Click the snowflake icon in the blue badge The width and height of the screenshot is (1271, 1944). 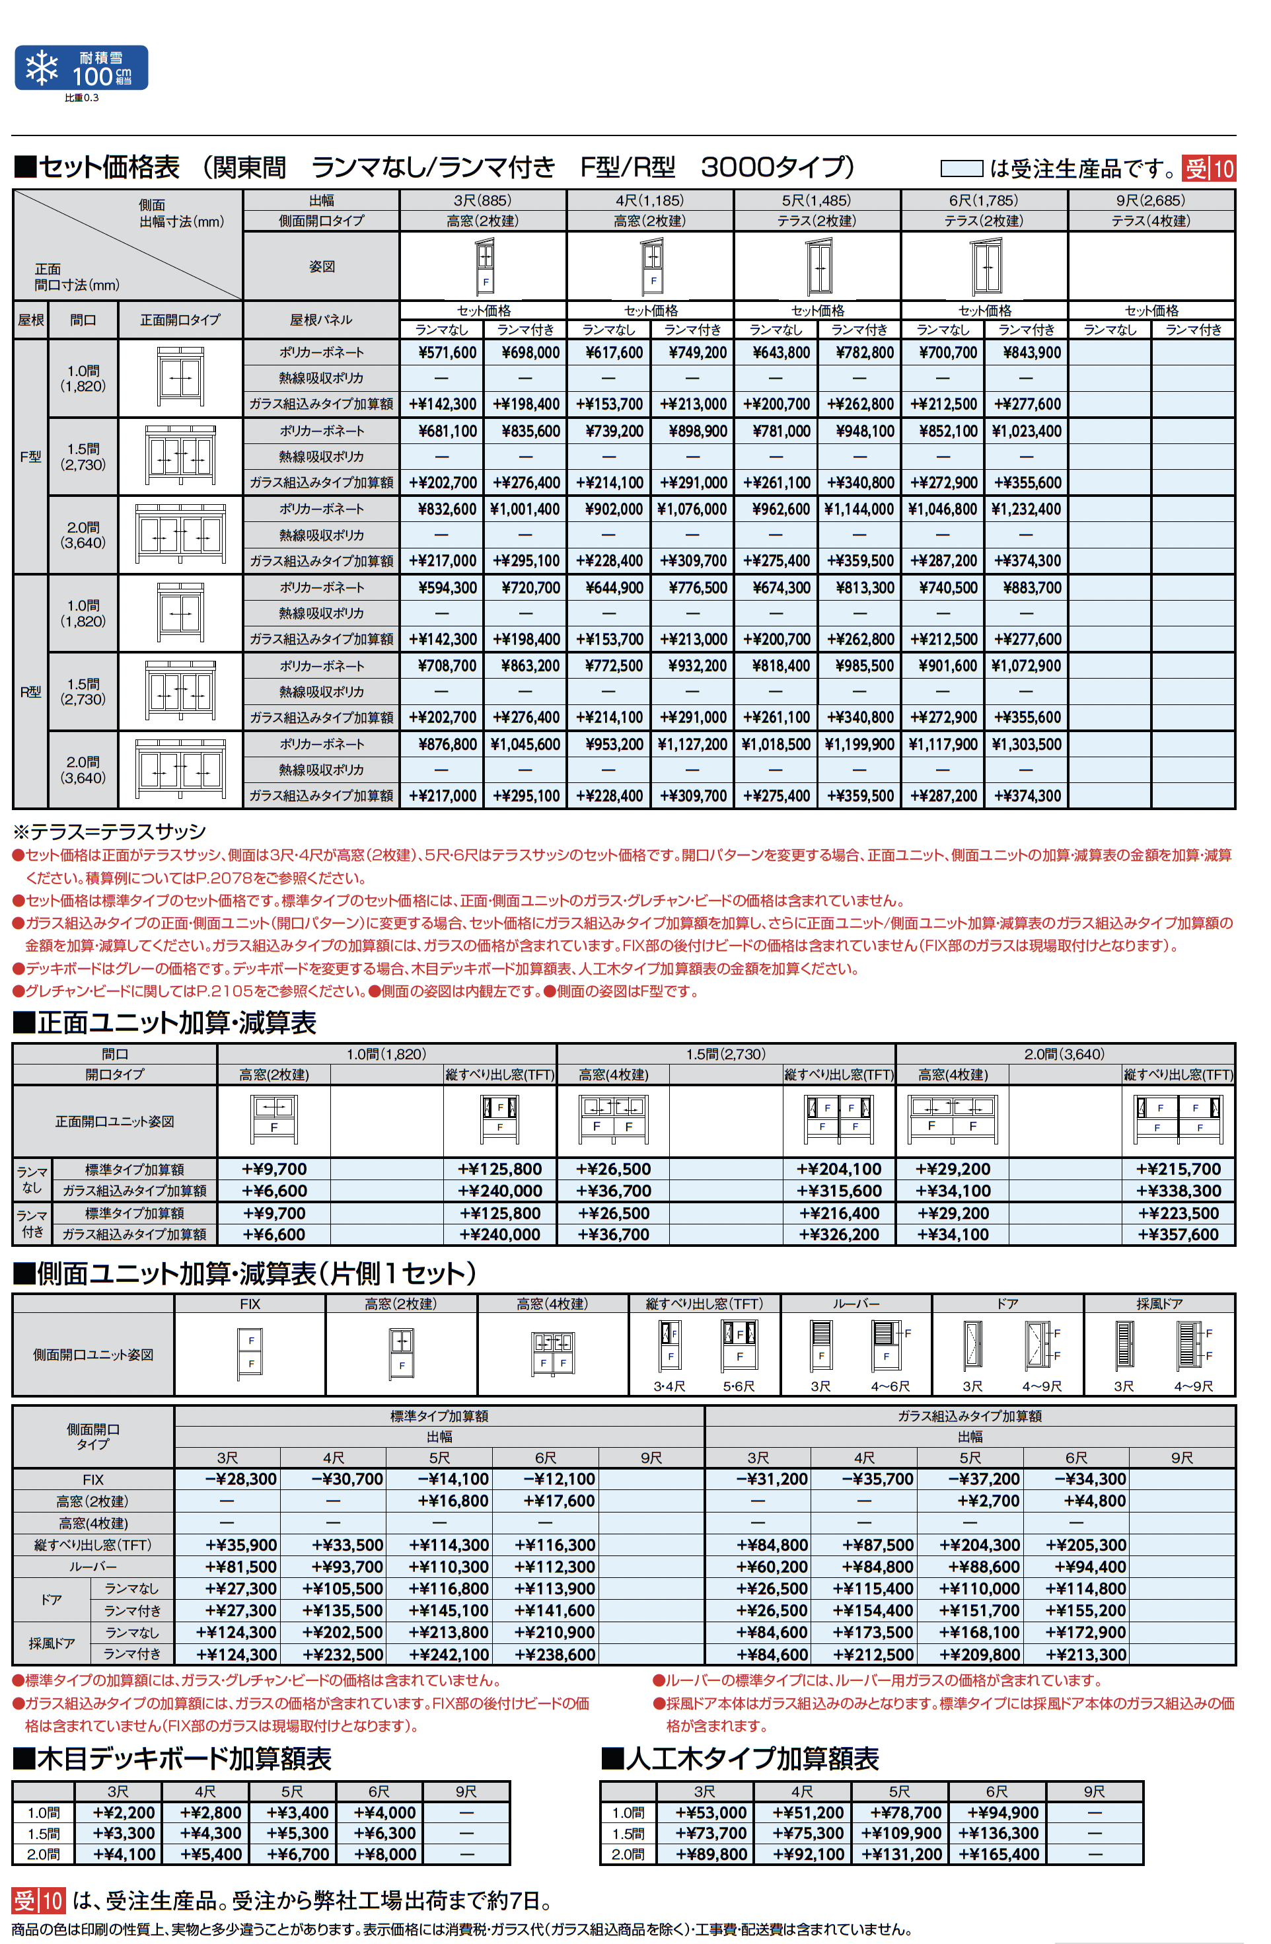(x=42, y=68)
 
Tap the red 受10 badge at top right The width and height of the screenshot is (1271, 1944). (x=1210, y=169)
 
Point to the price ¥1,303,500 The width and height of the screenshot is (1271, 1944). (x=1026, y=745)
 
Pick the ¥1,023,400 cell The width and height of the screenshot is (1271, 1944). (x=1026, y=431)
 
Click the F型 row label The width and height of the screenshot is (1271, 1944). (x=30, y=457)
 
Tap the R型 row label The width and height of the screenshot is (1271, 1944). (x=30, y=692)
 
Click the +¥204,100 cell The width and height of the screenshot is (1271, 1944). (x=839, y=1170)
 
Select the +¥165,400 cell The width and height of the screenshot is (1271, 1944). (x=998, y=1854)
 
